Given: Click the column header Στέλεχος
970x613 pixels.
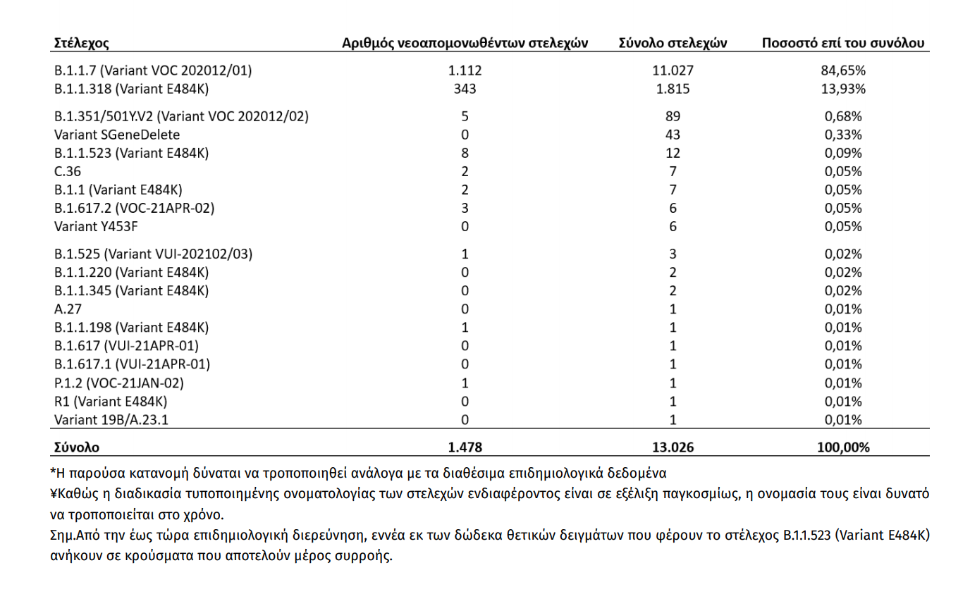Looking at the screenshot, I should (x=82, y=43).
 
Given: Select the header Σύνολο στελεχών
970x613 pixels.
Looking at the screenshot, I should (x=673, y=43).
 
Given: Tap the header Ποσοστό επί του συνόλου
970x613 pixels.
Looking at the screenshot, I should (x=842, y=43).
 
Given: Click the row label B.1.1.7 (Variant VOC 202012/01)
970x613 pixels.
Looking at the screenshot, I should (x=153, y=70).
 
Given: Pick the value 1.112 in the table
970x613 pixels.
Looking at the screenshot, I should (x=465, y=70).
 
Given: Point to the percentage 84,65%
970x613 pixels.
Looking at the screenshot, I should (x=843, y=70).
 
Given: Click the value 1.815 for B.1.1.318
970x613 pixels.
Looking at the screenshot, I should (x=673, y=89).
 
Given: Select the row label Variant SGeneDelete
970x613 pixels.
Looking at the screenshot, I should (x=117, y=135).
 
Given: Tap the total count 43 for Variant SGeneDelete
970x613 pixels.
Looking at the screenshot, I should (x=673, y=135).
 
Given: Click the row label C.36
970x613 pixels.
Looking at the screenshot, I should (x=68, y=171).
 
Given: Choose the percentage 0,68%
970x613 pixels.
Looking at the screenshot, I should (x=843, y=116).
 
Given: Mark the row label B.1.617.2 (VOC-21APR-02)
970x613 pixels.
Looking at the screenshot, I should (x=134, y=208).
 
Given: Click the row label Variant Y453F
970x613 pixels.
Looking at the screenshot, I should (x=96, y=226).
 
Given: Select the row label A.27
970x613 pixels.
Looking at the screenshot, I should (x=68, y=309).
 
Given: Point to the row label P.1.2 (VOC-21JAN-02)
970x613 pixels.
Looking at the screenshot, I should (x=119, y=383).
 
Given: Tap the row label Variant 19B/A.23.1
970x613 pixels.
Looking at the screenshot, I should (x=111, y=420).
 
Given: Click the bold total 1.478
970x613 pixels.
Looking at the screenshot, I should (x=465, y=447).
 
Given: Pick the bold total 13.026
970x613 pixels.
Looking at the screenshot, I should (x=673, y=447).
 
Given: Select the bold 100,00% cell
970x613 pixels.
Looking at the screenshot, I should (x=843, y=447).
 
